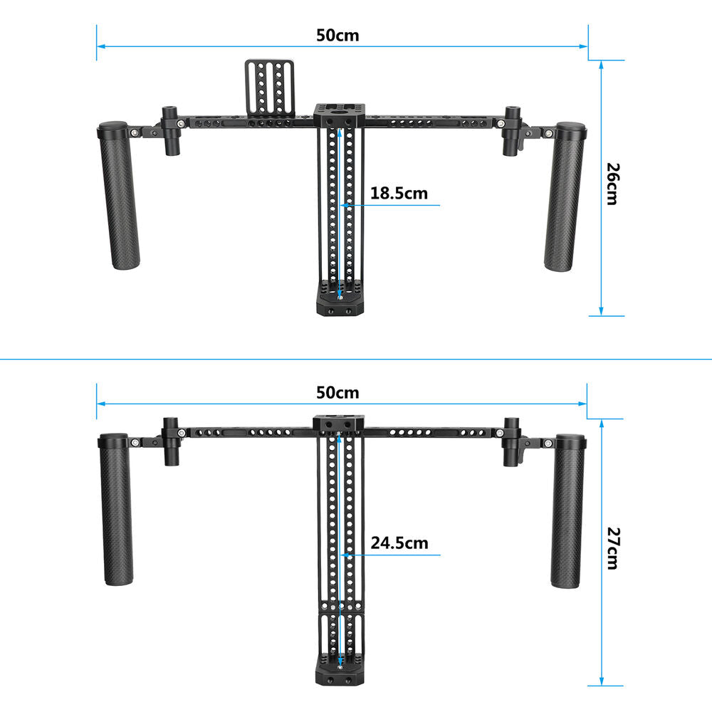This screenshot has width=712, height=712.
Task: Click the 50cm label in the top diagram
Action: point(337,36)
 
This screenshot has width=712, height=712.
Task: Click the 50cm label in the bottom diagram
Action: point(337,393)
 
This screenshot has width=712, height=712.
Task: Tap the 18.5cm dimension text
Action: point(399,194)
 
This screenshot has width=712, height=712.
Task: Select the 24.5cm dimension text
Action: point(399,543)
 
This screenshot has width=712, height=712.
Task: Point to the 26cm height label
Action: point(613,184)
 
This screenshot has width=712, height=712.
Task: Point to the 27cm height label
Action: point(613,548)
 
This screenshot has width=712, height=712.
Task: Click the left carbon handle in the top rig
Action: point(118,195)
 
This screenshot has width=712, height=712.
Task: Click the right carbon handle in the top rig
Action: point(565,197)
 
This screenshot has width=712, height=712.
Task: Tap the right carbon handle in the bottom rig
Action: point(568,511)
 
